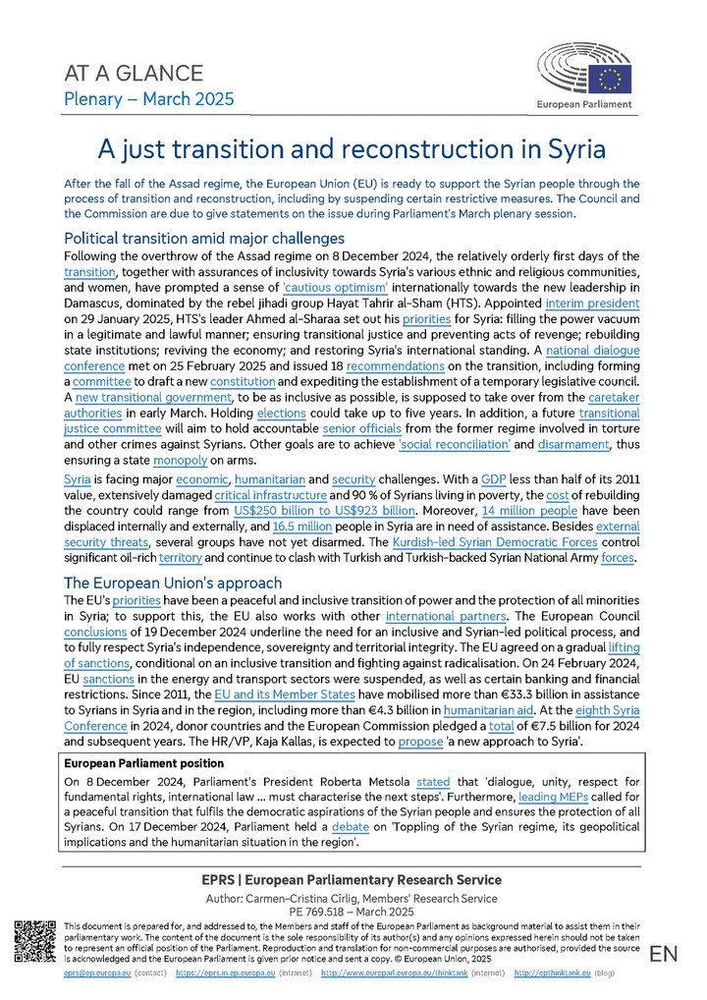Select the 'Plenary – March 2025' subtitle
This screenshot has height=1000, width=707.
point(148,98)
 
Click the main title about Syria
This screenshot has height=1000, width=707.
point(353,148)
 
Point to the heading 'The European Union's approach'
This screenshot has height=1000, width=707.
point(172,583)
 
